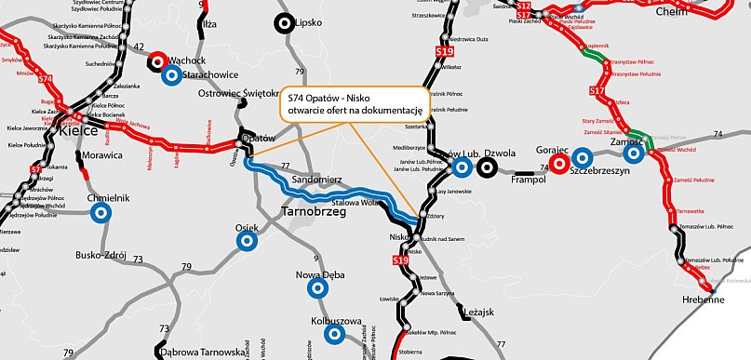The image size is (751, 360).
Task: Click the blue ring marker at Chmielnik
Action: click(x=101, y=213)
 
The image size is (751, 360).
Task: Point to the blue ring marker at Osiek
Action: click(x=247, y=241)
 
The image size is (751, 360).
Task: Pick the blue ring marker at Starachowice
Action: click(x=171, y=75)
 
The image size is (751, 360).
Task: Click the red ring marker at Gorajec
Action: click(x=559, y=165)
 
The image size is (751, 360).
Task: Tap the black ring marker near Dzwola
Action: click(x=487, y=167)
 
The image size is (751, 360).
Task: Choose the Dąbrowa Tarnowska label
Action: click(x=199, y=353)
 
